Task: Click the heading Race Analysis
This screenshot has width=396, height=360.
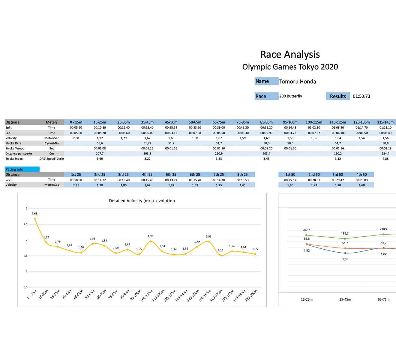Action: point(290,55)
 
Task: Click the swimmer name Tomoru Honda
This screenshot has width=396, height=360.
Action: point(297,82)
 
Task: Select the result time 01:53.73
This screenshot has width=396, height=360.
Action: point(361,96)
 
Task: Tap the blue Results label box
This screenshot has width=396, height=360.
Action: point(338,96)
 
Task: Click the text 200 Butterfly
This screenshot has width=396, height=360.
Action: point(290,96)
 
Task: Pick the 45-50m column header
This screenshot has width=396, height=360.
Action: point(171,122)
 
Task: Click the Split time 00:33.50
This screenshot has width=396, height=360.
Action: point(195,128)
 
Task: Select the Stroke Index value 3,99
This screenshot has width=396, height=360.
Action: point(100,159)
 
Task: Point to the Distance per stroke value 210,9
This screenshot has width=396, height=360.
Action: point(219,154)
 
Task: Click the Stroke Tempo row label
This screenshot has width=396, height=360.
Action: point(15,148)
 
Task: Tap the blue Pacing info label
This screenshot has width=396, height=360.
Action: point(22,169)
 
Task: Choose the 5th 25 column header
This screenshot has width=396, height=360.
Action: point(171,175)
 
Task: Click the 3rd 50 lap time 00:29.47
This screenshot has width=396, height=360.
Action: point(338,180)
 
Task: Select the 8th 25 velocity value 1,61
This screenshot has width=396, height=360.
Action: point(242,185)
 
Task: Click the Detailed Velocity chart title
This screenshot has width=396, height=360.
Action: point(142,201)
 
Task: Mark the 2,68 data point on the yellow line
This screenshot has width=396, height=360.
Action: point(34,219)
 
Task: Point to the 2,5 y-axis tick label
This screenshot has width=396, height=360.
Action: point(25,224)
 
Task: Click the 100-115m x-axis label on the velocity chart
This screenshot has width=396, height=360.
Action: point(147,295)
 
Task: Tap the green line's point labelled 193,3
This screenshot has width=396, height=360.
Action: point(345,239)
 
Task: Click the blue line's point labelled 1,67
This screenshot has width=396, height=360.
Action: point(345,253)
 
